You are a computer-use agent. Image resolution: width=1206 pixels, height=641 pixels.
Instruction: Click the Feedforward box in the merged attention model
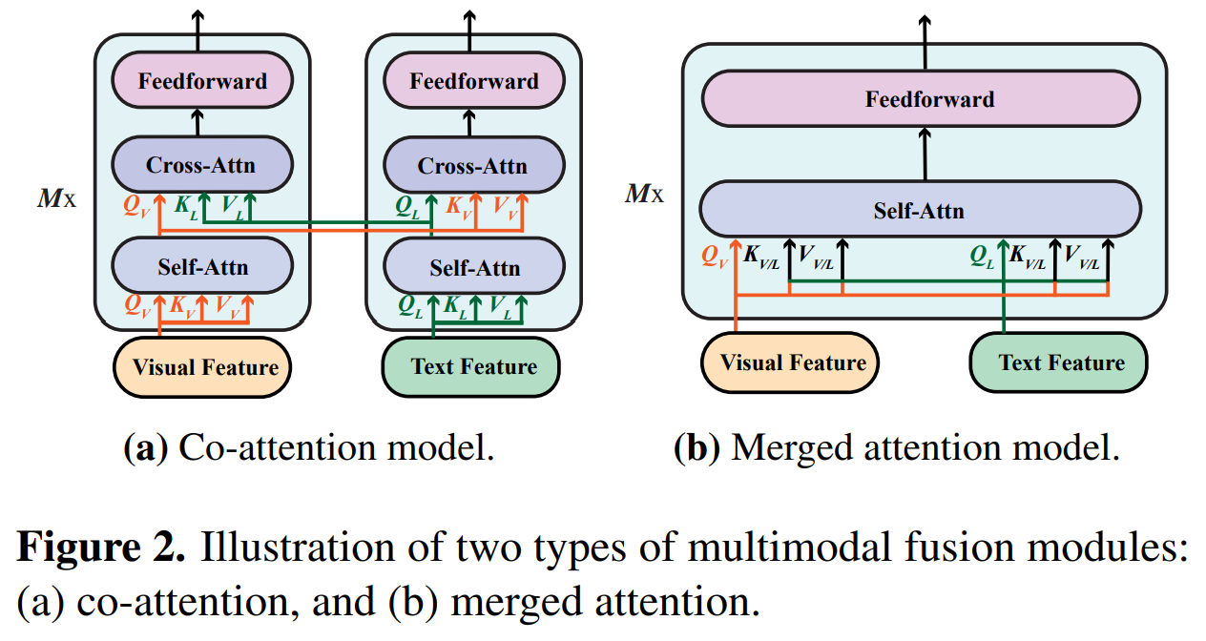click(922, 99)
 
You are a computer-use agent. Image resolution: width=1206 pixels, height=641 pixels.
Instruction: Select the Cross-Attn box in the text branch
click(472, 167)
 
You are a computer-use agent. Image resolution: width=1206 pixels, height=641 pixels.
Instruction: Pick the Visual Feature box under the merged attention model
click(790, 362)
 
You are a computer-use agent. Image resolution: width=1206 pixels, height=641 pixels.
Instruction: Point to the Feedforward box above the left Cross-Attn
click(202, 81)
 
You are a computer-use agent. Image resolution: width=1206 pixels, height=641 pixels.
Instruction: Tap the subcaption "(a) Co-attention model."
click(309, 447)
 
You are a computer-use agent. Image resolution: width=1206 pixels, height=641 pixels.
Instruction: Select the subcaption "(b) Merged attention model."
click(896, 447)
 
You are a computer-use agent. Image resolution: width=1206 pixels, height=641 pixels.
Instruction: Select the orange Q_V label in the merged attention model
click(714, 255)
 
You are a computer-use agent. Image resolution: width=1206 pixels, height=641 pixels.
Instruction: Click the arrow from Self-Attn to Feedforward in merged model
click(924, 155)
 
